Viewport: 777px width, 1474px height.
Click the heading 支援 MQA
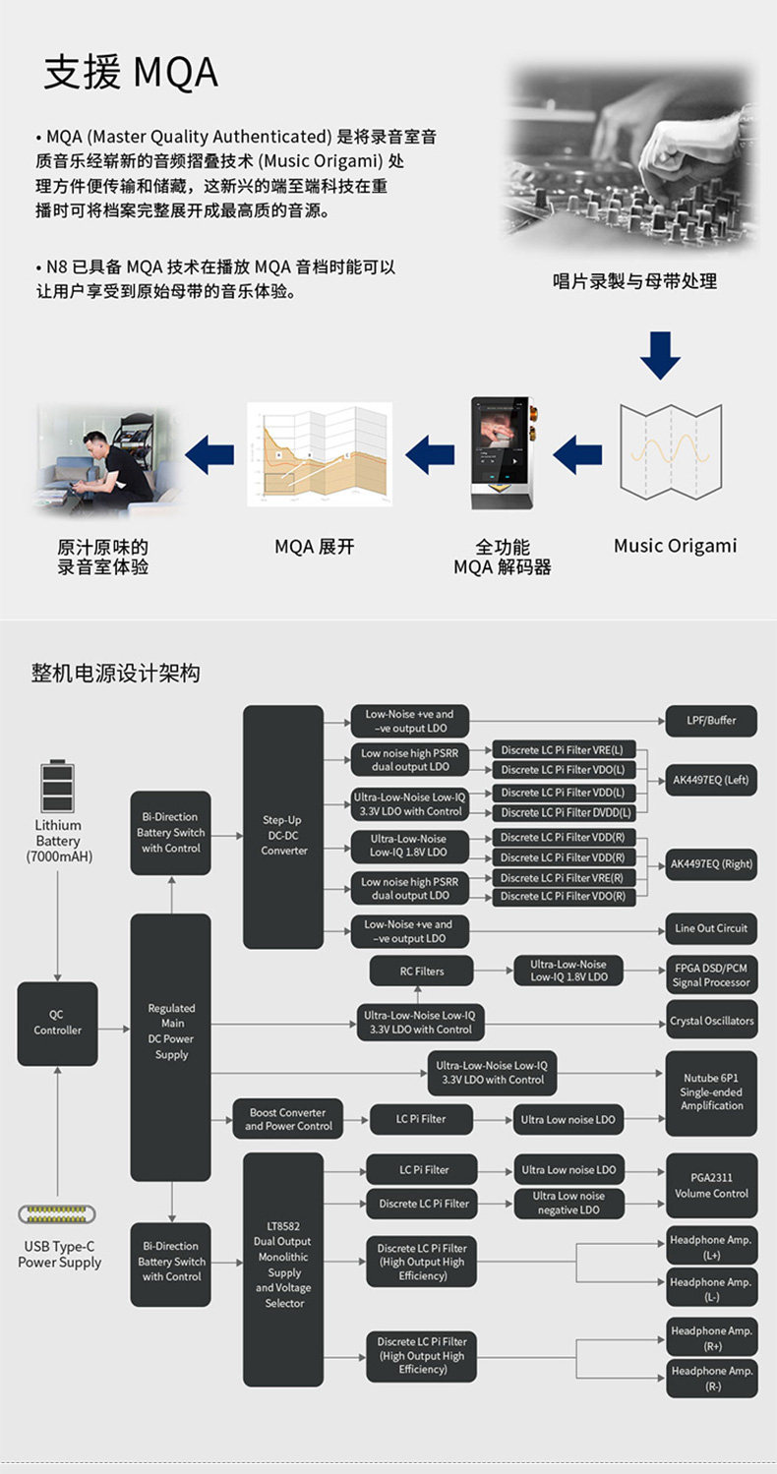click(x=130, y=74)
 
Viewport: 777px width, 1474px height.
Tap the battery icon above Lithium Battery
click(x=57, y=786)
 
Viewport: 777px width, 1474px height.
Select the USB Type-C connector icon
click(x=57, y=1214)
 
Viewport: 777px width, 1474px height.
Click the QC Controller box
click(x=57, y=1023)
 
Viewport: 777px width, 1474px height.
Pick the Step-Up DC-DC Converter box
click(x=283, y=827)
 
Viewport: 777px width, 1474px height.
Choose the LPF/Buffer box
click(x=711, y=721)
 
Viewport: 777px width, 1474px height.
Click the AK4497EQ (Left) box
click(x=710, y=780)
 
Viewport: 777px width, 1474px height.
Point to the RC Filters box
click(x=421, y=971)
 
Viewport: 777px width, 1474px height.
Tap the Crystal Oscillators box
click(x=711, y=1021)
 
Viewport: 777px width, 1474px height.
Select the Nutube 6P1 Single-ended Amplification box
click(x=711, y=1091)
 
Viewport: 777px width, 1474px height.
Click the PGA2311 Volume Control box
click(x=711, y=1185)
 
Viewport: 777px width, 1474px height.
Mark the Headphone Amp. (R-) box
click(x=711, y=1378)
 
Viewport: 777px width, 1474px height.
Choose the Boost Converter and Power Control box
click(x=288, y=1119)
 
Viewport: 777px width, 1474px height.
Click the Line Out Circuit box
click(x=711, y=928)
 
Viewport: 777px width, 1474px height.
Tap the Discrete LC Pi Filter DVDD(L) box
click(x=566, y=812)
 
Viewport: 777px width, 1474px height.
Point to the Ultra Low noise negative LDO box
click(x=568, y=1203)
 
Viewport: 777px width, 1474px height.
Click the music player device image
click(x=503, y=452)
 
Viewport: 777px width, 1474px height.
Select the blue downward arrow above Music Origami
click(x=660, y=355)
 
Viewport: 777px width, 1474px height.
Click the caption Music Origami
click(x=675, y=546)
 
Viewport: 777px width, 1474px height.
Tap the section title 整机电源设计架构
click(x=116, y=674)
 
